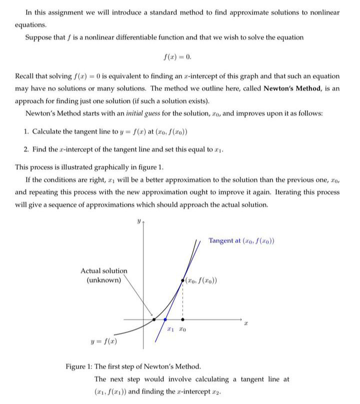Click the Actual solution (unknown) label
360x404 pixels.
(x=104, y=275)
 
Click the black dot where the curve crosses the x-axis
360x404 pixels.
(x=153, y=319)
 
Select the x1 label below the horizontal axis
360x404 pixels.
(x=170, y=329)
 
